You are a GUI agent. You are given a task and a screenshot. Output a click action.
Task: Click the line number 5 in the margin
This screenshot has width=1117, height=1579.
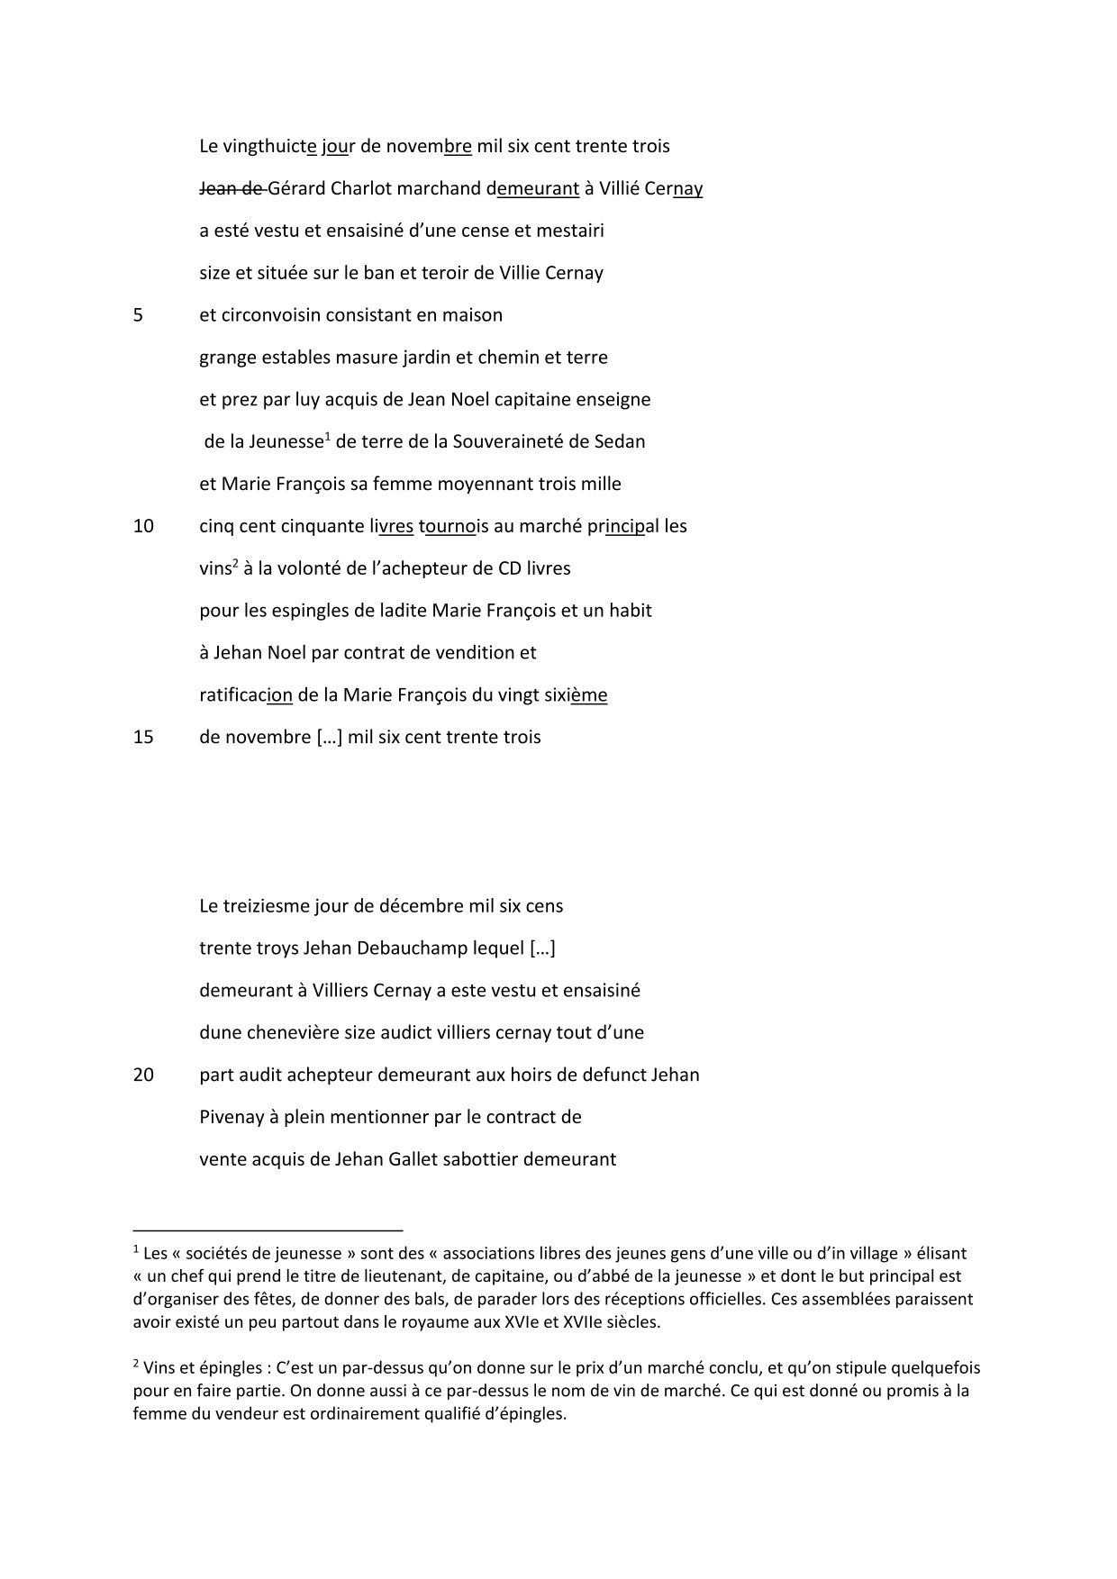pyautogui.click(x=138, y=315)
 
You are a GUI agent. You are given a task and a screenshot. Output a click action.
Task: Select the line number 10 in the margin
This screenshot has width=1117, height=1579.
pyautogui.click(x=143, y=526)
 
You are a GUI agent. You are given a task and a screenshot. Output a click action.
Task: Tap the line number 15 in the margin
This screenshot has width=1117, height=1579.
pyautogui.click(x=143, y=737)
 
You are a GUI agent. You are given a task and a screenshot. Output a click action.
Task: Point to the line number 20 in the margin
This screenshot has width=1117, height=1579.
pyautogui.click(x=143, y=1075)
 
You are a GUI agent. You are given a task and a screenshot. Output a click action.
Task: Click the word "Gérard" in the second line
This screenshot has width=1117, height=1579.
pyautogui.click(x=296, y=188)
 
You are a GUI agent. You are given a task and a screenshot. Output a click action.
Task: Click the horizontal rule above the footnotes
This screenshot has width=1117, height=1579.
pyautogui.click(x=268, y=1229)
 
